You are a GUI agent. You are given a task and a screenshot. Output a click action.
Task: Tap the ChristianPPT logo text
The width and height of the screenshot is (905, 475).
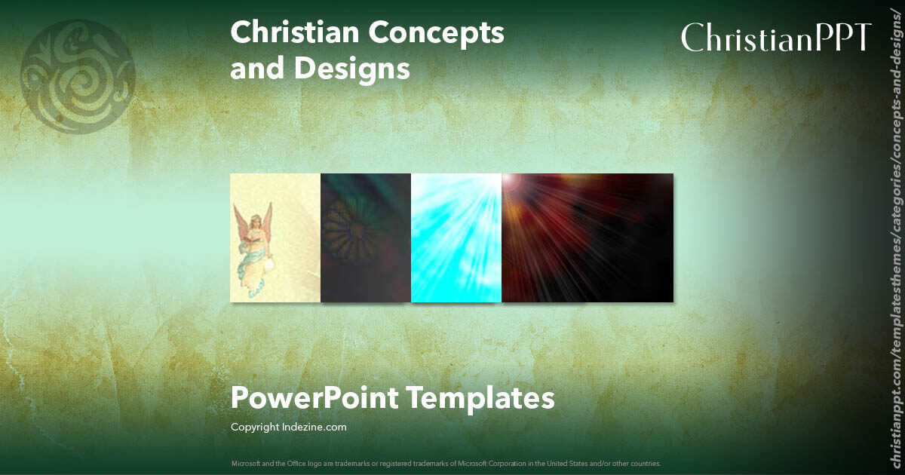coord(777,38)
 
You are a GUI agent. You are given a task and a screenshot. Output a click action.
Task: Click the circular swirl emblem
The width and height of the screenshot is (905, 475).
coord(78,76)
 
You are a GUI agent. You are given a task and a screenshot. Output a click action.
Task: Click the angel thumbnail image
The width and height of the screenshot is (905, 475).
coord(275,237)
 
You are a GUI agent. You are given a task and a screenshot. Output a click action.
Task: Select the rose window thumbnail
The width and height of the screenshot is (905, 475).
coord(365,237)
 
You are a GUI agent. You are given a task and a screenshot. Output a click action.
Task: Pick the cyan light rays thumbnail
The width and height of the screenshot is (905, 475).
coord(456,237)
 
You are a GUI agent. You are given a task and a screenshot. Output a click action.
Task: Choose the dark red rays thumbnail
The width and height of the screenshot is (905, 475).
coord(587,237)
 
